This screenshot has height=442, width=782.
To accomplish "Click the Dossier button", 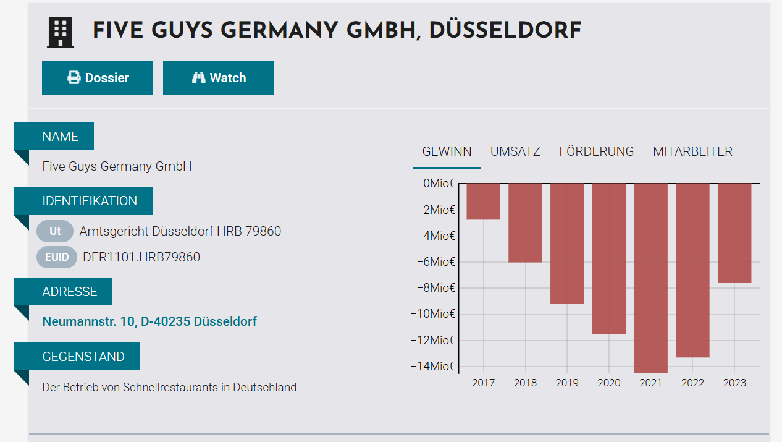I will pos(98,78).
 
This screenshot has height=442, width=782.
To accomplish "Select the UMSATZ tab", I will pos(515,151).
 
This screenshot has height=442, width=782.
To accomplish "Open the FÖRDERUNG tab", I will pos(596,151).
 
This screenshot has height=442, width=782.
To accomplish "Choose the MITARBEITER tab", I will pos(692,151).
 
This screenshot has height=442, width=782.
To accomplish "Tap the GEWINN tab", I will pos(447,151).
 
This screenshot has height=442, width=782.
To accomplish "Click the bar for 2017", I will pos(483,202).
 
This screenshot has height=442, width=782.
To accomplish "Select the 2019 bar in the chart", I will pos(567,243).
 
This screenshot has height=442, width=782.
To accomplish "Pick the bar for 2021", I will pos(650,278).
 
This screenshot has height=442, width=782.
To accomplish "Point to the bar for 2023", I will pos(734,233).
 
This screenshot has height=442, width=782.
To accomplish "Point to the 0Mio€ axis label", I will pos(439,184).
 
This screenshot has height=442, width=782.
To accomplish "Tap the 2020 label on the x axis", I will pos(609,383).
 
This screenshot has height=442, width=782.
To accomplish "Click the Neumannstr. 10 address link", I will pos(149,321).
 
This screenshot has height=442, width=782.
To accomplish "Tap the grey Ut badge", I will pos(55,231).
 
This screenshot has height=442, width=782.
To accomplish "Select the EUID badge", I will pos(57,257).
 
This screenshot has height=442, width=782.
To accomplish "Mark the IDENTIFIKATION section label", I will pos(90,201).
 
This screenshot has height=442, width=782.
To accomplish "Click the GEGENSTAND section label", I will pos(83,357).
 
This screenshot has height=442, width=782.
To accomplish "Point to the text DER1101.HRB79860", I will pos(141,257).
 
